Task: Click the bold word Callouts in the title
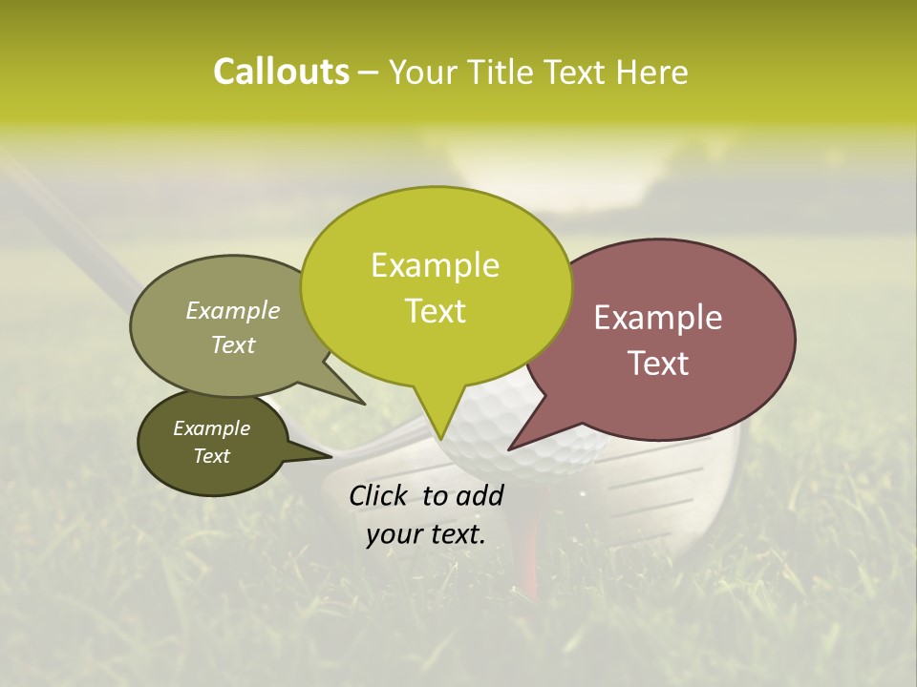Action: pyautogui.click(x=281, y=72)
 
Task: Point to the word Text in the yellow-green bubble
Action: pyautogui.click(x=435, y=310)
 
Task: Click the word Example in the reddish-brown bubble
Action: pyautogui.click(x=658, y=317)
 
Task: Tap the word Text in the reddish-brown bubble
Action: pyautogui.click(x=658, y=363)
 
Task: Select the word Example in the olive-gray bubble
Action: pyautogui.click(x=233, y=310)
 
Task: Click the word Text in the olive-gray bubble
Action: pyautogui.click(x=233, y=344)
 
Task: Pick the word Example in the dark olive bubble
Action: pyautogui.click(x=212, y=428)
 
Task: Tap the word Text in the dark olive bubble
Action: pyautogui.click(x=212, y=456)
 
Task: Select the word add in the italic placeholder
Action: pyautogui.click(x=480, y=495)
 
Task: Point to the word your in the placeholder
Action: pyautogui.click(x=394, y=534)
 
